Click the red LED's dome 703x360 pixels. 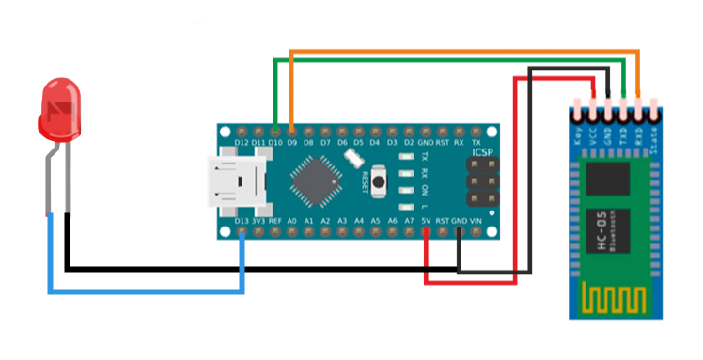tap(59, 106)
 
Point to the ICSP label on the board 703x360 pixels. tap(481, 151)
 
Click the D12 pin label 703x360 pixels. tap(242, 143)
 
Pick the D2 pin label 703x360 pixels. tap(409, 143)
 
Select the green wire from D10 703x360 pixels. tap(451, 59)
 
